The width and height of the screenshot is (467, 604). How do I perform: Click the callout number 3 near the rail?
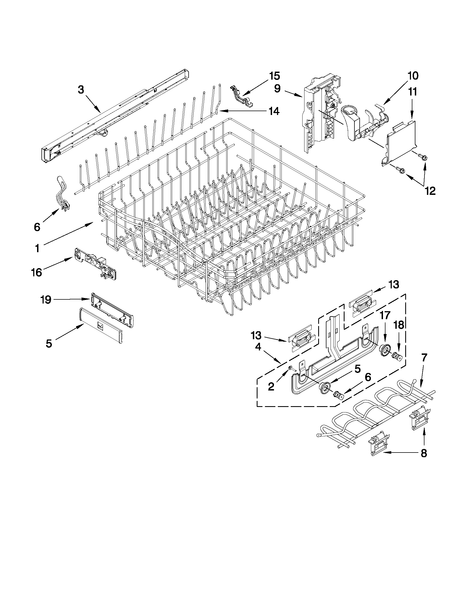(x=81, y=90)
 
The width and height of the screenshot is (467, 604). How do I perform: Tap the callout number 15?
(x=275, y=76)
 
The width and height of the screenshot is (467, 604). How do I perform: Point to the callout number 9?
(x=278, y=88)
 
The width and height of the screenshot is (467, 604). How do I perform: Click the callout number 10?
(x=413, y=76)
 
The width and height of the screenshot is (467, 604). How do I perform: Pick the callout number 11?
(x=412, y=92)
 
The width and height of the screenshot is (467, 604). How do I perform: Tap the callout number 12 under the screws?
(x=430, y=191)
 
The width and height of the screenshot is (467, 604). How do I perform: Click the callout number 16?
(x=37, y=272)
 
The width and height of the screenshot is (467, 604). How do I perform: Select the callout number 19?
(x=46, y=299)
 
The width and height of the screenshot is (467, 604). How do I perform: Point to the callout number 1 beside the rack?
(x=37, y=248)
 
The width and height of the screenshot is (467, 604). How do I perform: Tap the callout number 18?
(x=399, y=325)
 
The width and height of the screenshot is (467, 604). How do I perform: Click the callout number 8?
(x=424, y=453)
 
